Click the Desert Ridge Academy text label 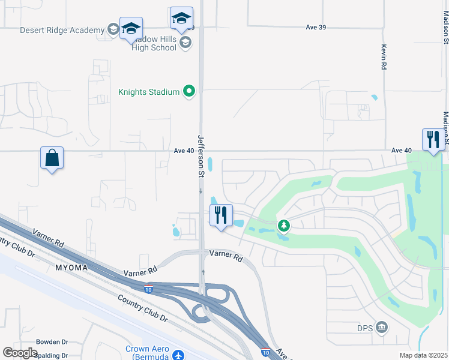(62, 30)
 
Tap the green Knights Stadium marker (190, 92)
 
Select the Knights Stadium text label (149, 92)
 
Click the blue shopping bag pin (52, 158)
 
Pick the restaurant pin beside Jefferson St (221, 215)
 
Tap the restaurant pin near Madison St (433, 140)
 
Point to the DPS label (366, 327)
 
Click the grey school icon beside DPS (382, 327)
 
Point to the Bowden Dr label (54, 341)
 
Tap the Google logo (20, 353)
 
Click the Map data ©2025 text (422, 355)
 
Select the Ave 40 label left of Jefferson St (183, 151)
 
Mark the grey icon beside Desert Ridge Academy (112, 30)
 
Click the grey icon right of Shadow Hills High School (185, 41)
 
